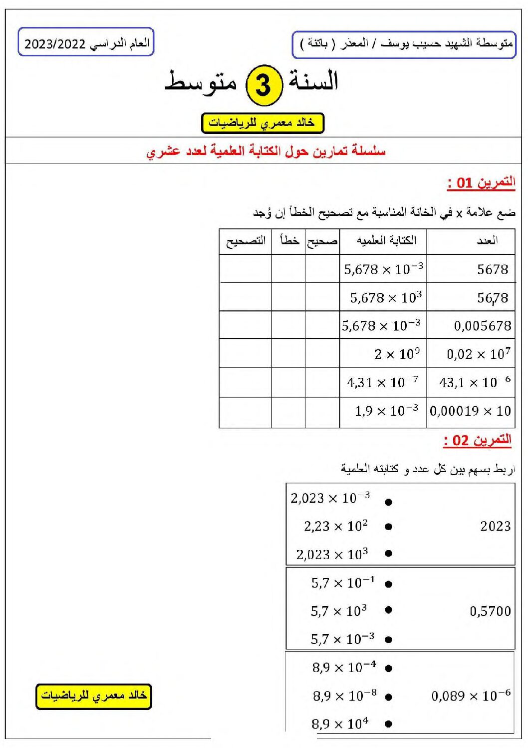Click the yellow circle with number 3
264,85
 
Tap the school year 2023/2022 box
86,42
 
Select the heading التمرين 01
481,182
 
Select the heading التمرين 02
478,440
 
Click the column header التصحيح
246,241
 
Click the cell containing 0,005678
482,326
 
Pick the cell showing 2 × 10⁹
397,354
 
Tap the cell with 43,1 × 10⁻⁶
475,383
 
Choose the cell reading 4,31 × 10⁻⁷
383,383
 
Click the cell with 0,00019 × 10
470,411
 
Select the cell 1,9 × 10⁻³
386,411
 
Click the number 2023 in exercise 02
495,526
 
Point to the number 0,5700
490,611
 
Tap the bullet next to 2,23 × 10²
389,526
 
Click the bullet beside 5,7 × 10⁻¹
389,584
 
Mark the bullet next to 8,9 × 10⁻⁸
389,697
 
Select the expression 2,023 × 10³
332,555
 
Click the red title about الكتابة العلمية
266,151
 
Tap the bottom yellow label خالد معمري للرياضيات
93,696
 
